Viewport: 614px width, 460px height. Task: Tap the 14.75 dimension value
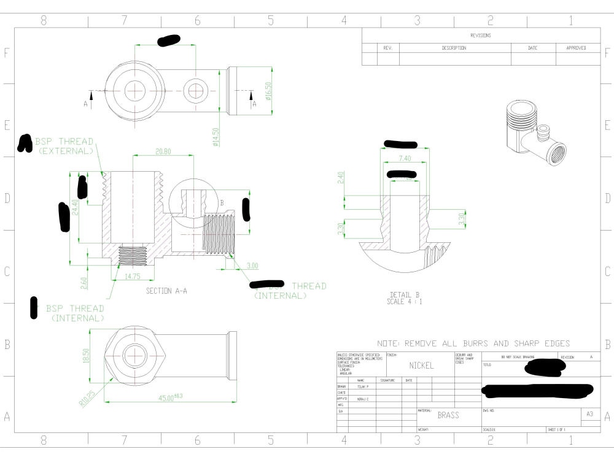[133, 276]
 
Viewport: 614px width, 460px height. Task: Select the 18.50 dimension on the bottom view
[86, 355]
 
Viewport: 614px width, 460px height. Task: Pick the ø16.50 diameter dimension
[268, 93]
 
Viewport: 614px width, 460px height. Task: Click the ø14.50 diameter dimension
[216, 138]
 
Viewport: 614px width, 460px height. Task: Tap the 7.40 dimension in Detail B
[405, 159]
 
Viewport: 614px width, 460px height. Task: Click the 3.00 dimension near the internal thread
[252, 265]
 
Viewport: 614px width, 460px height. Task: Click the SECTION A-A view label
[166, 291]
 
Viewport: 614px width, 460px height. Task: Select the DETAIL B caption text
[405, 297]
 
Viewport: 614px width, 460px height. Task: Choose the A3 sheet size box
[589, 415]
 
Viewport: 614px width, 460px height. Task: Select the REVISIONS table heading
[480, 36]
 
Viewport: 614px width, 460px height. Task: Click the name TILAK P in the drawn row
[363, 387]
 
